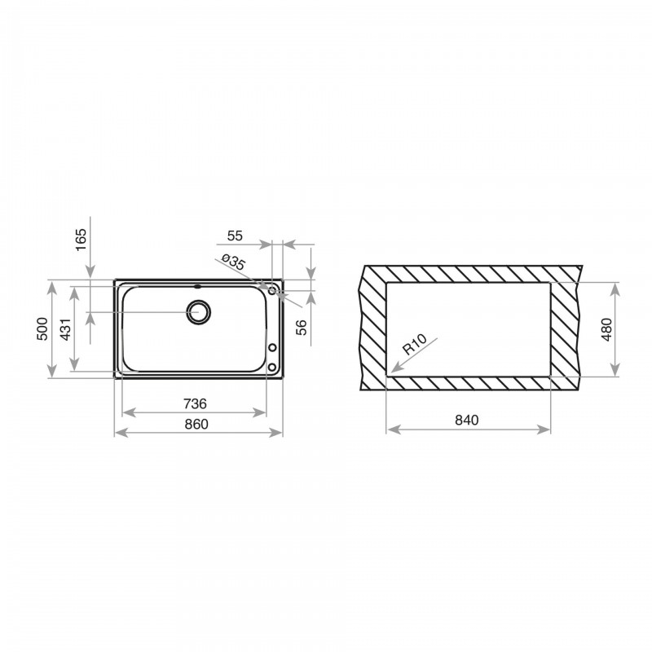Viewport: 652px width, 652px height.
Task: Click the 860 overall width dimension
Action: coord(196,424)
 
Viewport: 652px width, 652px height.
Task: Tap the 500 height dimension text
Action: coord(42,328)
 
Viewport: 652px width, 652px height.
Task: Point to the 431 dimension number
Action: coord(65,328)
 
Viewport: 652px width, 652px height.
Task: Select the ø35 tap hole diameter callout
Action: coord(233,262)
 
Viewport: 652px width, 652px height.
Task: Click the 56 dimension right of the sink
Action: coord(301,328)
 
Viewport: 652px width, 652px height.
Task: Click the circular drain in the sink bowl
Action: coord(198,311)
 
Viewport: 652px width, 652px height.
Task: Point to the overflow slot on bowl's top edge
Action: coord(197,286)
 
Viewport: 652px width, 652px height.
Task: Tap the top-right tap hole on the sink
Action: coord(272,290)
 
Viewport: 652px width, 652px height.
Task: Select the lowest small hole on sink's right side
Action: coord(272,368)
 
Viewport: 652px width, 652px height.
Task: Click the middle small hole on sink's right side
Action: coord(272,349)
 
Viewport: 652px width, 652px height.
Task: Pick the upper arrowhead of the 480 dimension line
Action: coord(615,284)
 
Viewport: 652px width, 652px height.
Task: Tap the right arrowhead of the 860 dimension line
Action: coord(282,434)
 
